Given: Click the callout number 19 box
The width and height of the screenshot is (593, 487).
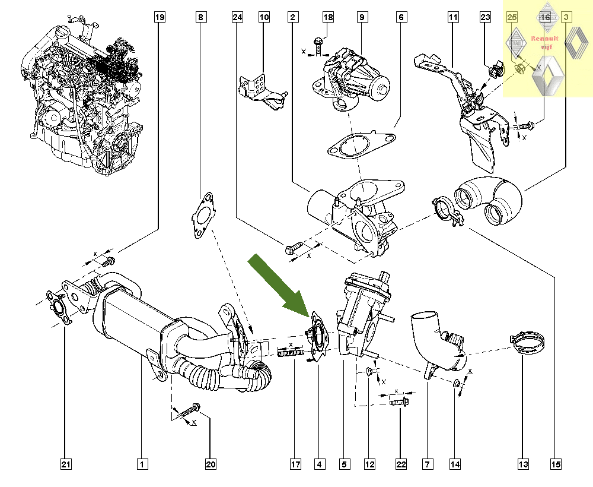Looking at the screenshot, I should pos(159,18).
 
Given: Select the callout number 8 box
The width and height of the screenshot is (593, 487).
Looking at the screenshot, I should pos(201,18).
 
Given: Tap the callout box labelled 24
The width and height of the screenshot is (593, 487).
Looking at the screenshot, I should pos(238,18).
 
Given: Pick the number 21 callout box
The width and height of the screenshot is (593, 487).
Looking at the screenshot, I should pos(66,464).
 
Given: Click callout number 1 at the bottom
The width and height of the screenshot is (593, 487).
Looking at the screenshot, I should pos(142,464).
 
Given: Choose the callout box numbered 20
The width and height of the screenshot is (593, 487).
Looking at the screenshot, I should pos(210,464).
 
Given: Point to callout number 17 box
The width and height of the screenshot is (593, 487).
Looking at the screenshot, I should pos(295,464).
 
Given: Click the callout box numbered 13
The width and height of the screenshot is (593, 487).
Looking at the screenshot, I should pos(522,464).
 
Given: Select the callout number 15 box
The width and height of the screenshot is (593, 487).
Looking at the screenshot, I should pos(555,464).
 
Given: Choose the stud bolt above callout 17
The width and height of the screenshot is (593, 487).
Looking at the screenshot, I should pos(288,356).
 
